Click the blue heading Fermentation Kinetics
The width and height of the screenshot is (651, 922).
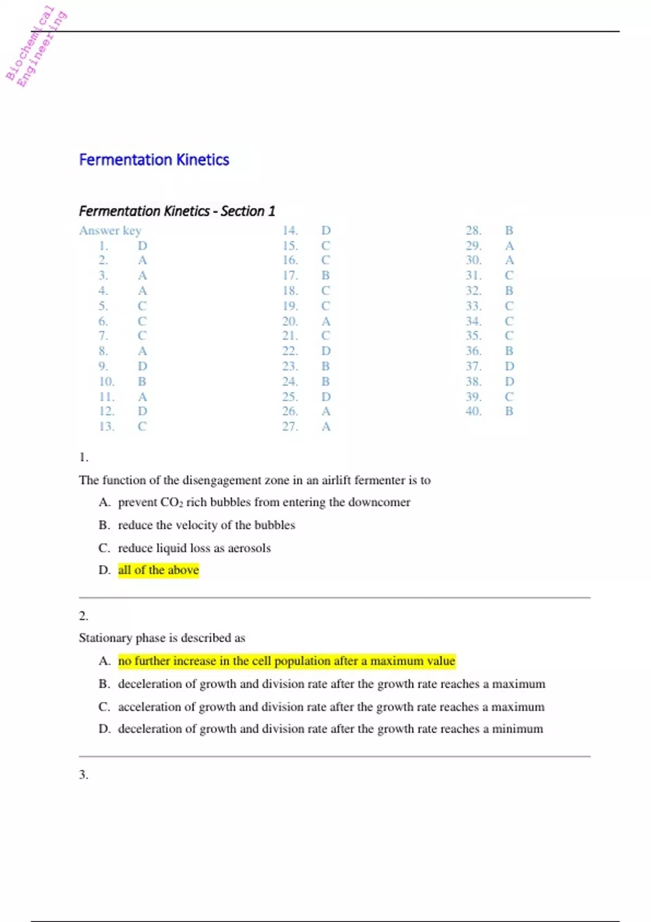[154, 160]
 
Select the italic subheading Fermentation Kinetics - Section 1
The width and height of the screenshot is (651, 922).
[177, 211]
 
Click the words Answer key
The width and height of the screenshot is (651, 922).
[110, 230]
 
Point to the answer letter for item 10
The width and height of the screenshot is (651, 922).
[142, 381]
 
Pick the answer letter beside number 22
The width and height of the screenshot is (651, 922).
[325, 351]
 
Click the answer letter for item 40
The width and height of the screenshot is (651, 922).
[509, 411]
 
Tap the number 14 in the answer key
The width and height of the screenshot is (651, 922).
[290, 230]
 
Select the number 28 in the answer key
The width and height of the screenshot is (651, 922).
[474, 230]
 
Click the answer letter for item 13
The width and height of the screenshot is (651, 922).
[142, 426]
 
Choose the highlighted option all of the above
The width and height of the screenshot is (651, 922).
[158, 570]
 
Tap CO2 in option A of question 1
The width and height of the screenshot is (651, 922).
[172, 502]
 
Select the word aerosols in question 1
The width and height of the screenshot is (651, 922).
[249, 548]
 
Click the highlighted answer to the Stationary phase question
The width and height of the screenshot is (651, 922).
[286, 661]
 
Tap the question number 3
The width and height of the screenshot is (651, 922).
[84, 774]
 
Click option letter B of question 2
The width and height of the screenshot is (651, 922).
[104, 684]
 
